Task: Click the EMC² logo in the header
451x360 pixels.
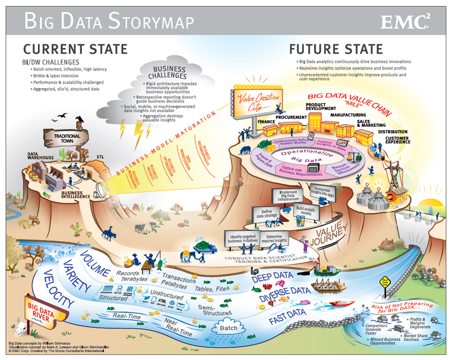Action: (x=406, y=21)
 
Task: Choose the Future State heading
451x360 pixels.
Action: (x=336, y=49)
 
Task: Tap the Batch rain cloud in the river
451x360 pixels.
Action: (x=229, y=328)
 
